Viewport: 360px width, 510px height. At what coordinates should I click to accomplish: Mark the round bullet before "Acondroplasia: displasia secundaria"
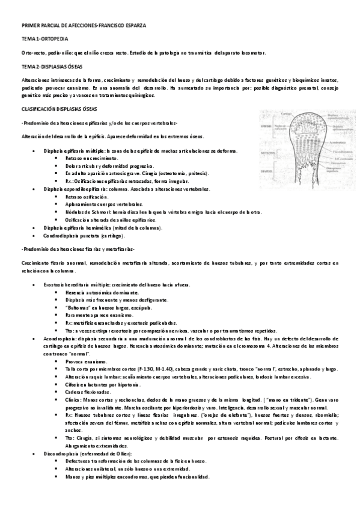[37, 339]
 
